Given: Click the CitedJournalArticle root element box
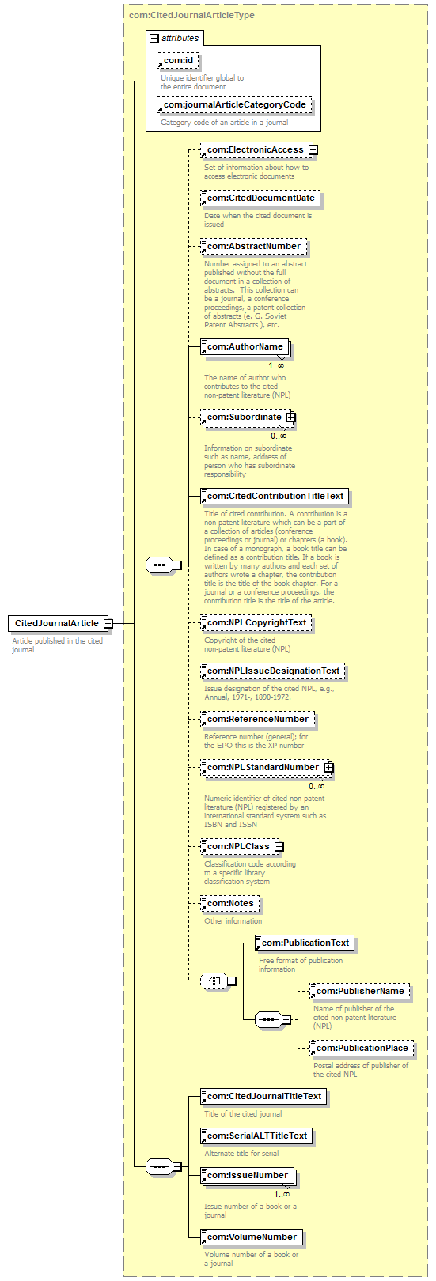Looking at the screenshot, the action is (x=56, y=623).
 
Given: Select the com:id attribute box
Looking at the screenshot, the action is (x=178, y=61).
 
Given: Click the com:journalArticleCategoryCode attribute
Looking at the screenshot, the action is (x=234, y=104).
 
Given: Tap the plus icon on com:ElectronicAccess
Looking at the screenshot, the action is (x=313, y=149).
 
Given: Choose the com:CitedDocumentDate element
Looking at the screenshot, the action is (x=260, y=198).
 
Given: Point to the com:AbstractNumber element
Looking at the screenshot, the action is (x=253, y=247).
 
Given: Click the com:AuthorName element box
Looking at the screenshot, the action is (x=245, y=346).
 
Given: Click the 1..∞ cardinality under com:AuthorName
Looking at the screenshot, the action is (x=276, y=365).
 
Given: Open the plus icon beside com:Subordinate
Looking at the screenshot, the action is (x=290, y=418).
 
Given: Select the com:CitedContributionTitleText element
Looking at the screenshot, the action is (x=275, y=497).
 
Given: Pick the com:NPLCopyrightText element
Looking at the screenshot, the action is (x=256, y=623).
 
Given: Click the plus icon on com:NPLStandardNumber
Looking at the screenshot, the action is (x=328, y=768).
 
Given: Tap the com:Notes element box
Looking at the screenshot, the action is (x=230, y=904).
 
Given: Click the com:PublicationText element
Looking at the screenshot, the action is (x=305, y=943).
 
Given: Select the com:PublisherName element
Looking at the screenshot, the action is (x=360, y=991).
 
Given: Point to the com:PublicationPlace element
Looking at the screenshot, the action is (x=362, y=1049).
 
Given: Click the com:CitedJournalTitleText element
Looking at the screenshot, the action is (x=263, y=1096).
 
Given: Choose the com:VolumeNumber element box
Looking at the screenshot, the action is (x=251, y=1237).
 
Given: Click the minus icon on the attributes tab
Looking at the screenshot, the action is (x=154, y=38).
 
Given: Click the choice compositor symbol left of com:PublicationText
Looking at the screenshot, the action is (x=214, y=981).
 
